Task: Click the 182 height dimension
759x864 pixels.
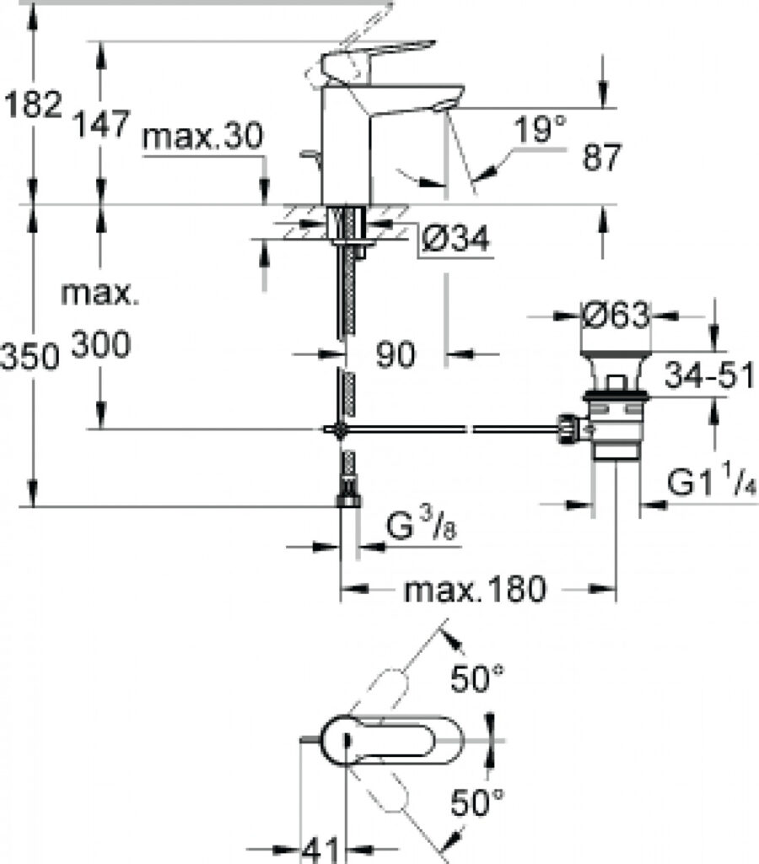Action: pyautogui.click(x=32, y=104)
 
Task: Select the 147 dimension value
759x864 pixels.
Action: pyautogui.click(x=102, y=123)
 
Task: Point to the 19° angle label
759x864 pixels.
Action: pyautogui.click(x=539, y=129)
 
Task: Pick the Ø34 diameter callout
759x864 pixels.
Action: pyautogui.click(x=455, y=239)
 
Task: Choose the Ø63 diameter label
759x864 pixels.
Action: pyautogui.click(x=616, y=316)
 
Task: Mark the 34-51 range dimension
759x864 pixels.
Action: pyautogui.click(x=709, y=375)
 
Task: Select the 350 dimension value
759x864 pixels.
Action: pyautogui.click(x=30, y=356)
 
